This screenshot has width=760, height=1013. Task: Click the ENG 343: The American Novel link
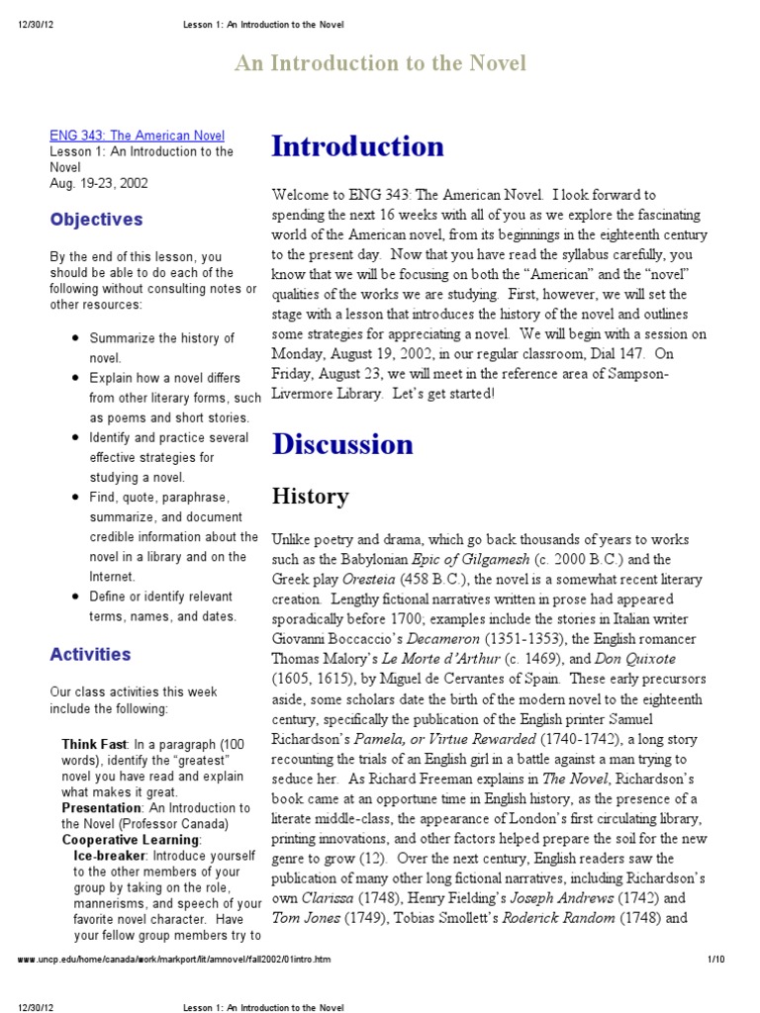tap(138, 136)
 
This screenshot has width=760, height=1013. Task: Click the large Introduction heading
tap(357, 146)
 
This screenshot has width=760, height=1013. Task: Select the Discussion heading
tap(342, 444)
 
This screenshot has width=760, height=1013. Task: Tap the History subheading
tap(310, 497)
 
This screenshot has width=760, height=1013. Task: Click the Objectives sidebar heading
tap(96, 220)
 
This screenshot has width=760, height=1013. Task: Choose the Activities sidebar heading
tap(90, 654)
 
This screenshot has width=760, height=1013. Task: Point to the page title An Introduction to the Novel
tap(380, 64)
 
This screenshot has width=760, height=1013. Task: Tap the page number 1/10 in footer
tap(716, 960)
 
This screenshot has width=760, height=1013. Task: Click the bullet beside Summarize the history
tap(76, 338)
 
